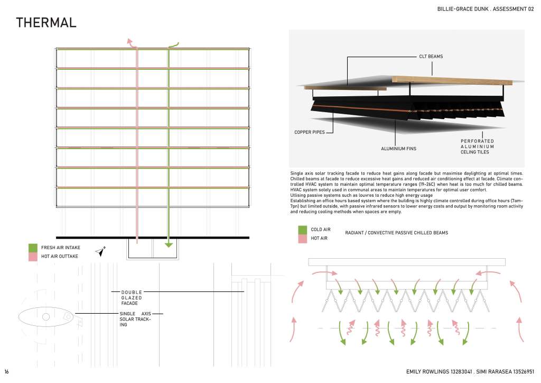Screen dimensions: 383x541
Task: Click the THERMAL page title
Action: click(x=46, y=23)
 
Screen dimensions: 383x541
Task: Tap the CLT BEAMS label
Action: click(x=431, y=56)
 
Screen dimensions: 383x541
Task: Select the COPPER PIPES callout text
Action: click(x=310, y=132)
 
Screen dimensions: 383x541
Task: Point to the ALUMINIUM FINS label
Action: click(x=398, y=149)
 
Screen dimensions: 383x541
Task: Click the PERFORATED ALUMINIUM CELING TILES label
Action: click(x=477, y=147)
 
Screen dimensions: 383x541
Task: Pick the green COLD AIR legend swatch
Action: click(x=303, y=230)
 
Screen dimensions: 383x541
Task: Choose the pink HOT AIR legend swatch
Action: click(x=303, y=239)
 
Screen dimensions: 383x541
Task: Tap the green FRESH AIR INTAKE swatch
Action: click(x=33, y=248)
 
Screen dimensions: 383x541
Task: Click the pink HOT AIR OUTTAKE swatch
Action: click(x=33, y=257)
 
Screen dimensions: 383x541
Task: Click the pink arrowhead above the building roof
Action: click(x=129, y=40)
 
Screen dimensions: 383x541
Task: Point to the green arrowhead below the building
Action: click(x=169, y=244)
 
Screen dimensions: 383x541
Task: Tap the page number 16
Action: click(x=6, y=372)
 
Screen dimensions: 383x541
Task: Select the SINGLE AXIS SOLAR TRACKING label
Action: click(x=135, y=319)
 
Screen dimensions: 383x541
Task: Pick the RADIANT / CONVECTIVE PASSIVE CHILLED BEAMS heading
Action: click(x=396, y=233)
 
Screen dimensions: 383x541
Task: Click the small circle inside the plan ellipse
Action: click(x=46, y=317)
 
